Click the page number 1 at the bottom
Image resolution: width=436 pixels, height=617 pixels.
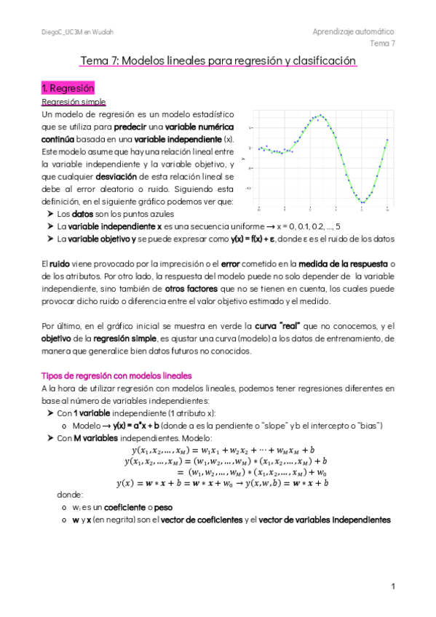[392, 586]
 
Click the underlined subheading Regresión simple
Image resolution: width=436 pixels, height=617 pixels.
[74, 102]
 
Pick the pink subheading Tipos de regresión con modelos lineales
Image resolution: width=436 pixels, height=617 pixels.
[116, 375]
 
